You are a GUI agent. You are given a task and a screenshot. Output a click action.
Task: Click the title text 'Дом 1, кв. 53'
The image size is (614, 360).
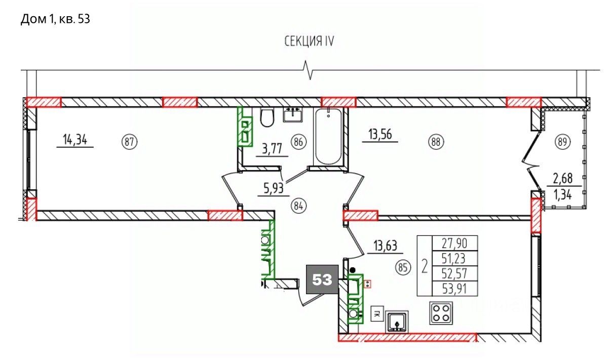[x=55, y=19]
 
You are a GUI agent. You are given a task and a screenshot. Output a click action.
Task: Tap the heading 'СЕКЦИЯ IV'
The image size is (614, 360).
[x=309, y=42]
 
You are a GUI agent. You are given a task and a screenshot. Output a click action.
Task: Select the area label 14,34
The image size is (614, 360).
[x=75, y=140]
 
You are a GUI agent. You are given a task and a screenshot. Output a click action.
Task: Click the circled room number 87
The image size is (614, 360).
[x=129, y=142]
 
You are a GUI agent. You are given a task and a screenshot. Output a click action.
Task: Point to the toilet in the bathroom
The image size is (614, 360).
[x=267, y=118]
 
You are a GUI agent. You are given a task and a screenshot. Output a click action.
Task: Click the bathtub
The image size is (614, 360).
[x=328, y=136]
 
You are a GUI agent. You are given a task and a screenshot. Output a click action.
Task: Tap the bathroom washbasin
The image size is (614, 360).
[x=293, y=114]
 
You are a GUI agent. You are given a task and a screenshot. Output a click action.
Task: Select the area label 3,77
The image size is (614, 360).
[x=272, y=149]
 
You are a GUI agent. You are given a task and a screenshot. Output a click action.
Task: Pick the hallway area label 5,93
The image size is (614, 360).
[x=273, y=188]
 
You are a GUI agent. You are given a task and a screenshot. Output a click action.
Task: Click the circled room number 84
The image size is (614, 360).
[x=298, y=206]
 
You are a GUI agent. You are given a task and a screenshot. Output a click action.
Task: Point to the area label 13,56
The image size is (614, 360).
[x=380, y=135]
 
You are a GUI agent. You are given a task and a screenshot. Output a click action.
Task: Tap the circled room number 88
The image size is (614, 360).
[x=436, y=142]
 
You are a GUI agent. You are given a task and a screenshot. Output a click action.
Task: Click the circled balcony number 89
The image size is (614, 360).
[x=562, y=142]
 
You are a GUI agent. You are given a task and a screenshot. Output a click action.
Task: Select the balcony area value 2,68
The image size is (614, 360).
[x=563, y=178]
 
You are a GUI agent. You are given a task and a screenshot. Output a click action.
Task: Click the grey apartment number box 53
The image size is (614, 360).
[x=322, y=279]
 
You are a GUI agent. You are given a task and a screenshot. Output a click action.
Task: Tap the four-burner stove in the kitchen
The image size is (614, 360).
[x=441, y=313]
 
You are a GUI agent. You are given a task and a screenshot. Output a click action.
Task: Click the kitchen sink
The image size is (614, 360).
[x=397, y=322]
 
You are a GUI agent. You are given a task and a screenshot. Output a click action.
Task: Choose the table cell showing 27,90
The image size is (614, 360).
[x=455, y=243]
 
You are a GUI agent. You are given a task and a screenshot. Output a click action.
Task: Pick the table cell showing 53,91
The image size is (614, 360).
[x=455, y=289]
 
